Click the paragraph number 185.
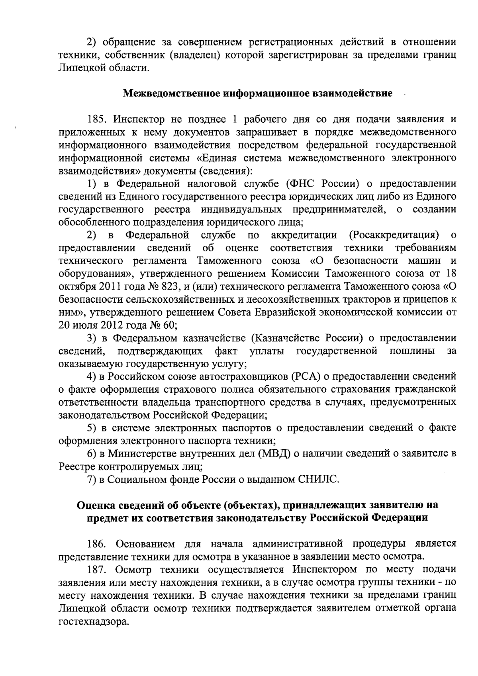[x=98, y=119]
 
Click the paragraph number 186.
[x=98, y=544]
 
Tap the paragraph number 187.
[x=98, y=570]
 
